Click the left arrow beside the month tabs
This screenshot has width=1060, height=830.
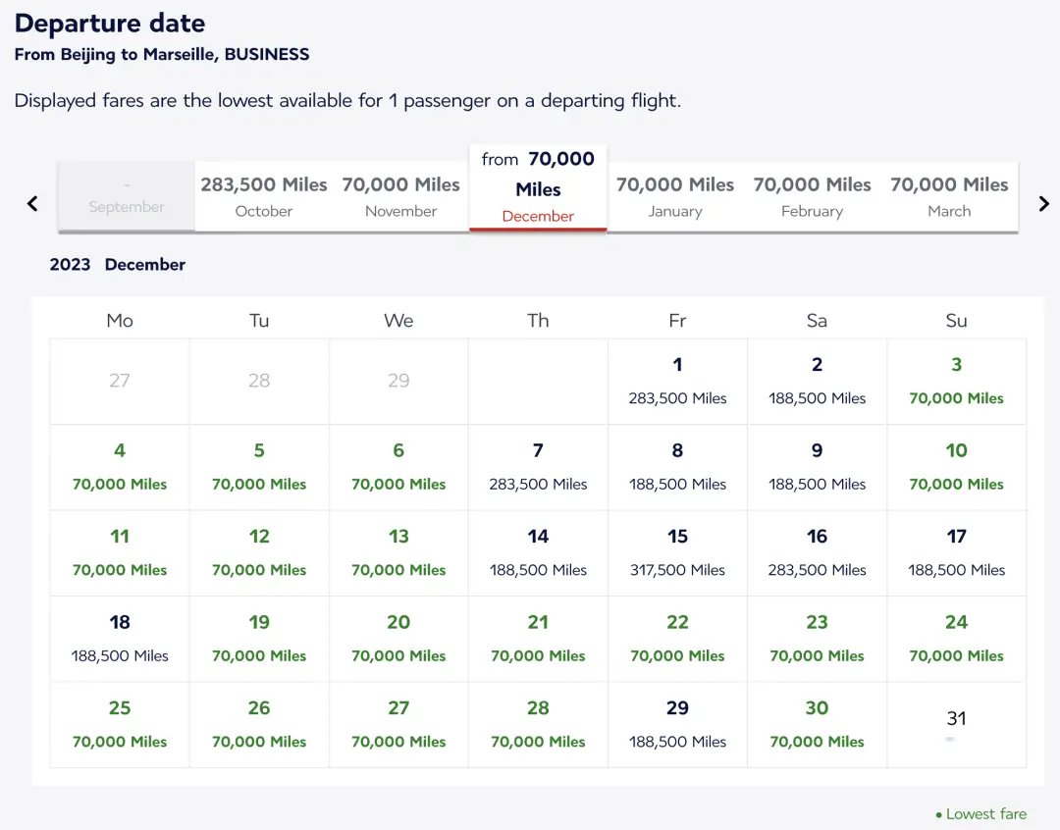[32, 203]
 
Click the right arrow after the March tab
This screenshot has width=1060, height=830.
[1043, 203]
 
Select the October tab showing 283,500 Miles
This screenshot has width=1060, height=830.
[264, 196]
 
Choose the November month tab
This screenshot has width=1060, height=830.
[400, 196]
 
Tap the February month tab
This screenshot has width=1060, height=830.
[812, 196]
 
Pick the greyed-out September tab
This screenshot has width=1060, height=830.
[127, 197]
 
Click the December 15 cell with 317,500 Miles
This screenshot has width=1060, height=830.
[677, 552]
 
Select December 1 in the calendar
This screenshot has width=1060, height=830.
[677, 381]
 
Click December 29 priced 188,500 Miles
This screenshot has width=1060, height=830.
[677, 724]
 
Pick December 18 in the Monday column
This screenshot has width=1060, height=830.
[120, 638]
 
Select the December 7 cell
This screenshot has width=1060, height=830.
[538, 466]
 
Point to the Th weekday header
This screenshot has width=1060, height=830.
[538, 321]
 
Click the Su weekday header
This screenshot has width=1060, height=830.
[956, 321]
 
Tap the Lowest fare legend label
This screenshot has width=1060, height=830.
[985, 814]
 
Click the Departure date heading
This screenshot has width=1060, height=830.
[110, 24]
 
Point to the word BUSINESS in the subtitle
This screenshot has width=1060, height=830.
[267, 55]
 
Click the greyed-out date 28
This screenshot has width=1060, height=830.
[259, 381]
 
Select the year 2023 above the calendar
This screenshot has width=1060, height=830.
[70, 265]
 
